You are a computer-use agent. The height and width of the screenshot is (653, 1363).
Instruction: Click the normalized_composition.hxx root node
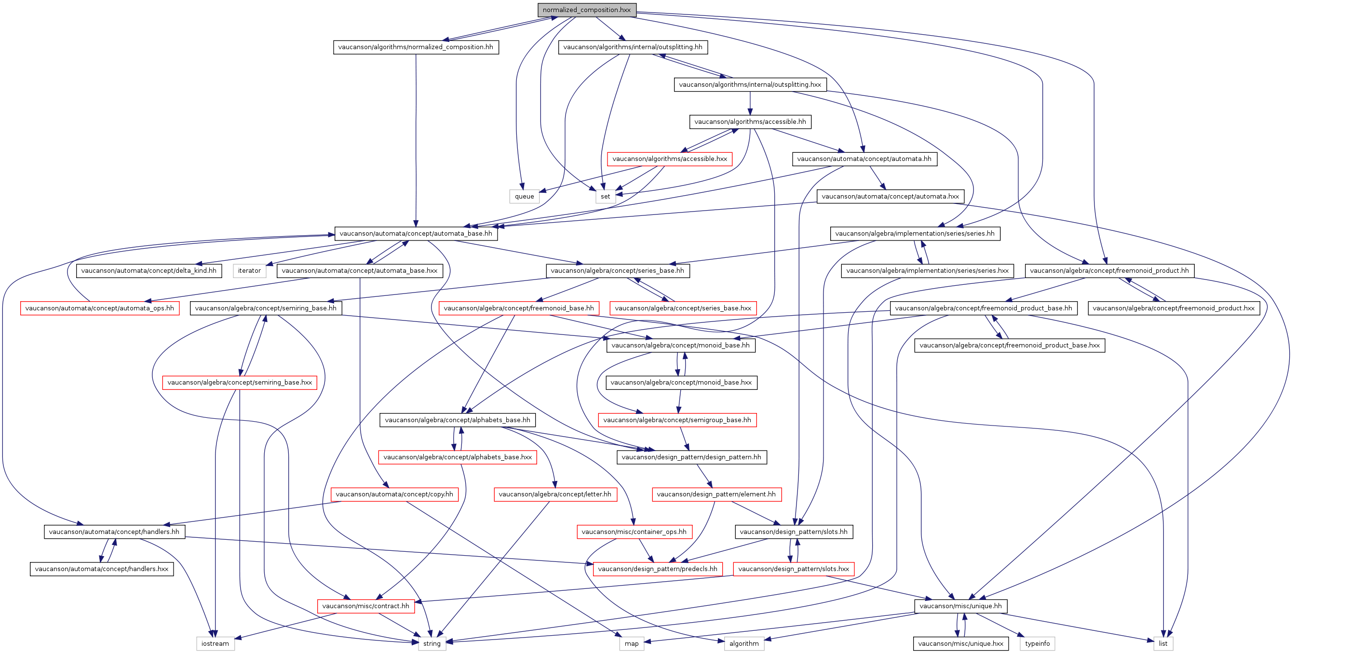(587, 10)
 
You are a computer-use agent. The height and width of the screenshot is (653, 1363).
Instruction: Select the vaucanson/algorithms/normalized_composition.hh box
(415, 47)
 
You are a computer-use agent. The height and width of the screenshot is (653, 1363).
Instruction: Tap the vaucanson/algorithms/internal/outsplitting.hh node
(633, 47)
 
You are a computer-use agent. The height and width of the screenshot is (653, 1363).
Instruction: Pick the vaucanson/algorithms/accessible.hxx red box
(669, 159)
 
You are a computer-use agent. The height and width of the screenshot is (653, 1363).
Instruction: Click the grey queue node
(525, 196)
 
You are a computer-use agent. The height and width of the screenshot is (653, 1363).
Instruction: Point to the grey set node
(605, 196)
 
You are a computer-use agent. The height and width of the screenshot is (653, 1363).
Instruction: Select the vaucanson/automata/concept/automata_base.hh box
(416, 233)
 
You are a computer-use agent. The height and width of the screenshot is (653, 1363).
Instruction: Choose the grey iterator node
(249, 271)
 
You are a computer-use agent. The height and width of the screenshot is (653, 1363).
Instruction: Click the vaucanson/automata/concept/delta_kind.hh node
(148, 271)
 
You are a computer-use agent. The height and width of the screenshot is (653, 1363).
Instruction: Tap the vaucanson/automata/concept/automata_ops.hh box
(99, 308)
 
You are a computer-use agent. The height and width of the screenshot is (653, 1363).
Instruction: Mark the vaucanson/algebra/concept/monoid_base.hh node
(680, 345)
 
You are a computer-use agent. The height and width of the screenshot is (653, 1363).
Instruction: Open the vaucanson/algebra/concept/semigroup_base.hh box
(677, 420)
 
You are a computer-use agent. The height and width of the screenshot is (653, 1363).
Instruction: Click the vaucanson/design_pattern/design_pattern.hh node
(691, 457)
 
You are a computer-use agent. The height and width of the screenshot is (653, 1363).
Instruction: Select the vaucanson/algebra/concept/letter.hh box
(555, 494)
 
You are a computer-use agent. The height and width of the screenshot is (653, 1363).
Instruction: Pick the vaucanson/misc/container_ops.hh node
(634, 532)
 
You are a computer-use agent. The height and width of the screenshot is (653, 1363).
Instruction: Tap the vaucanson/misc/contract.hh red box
(365, 606)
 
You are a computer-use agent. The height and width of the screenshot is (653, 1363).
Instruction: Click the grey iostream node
(216, 643)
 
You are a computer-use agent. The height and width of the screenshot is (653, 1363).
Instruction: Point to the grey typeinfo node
(1037, 643)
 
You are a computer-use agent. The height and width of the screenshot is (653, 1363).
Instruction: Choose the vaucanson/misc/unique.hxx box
(961, 643)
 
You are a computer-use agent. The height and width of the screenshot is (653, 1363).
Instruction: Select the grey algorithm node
(744, 643)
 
